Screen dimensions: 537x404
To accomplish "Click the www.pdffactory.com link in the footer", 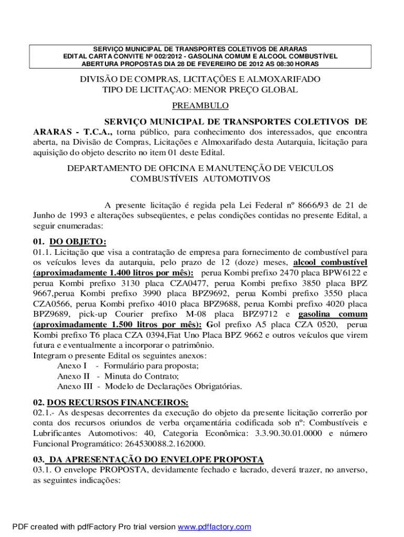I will click(x=215, y=527).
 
